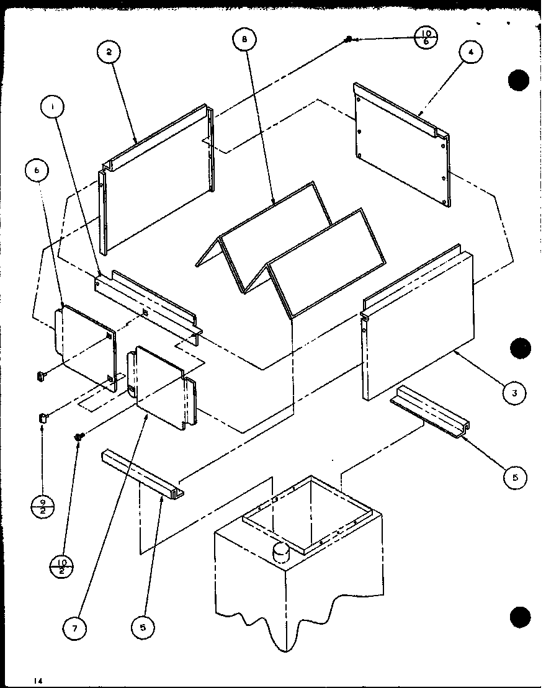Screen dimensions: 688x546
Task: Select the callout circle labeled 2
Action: point(109,53)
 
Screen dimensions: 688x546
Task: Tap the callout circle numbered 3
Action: point(514,392)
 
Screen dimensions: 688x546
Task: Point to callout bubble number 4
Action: point(471,53)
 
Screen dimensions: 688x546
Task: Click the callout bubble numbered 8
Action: point(244,40)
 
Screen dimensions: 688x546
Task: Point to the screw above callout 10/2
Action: point(79,437)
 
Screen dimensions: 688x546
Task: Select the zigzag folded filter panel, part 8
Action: point(292,248)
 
